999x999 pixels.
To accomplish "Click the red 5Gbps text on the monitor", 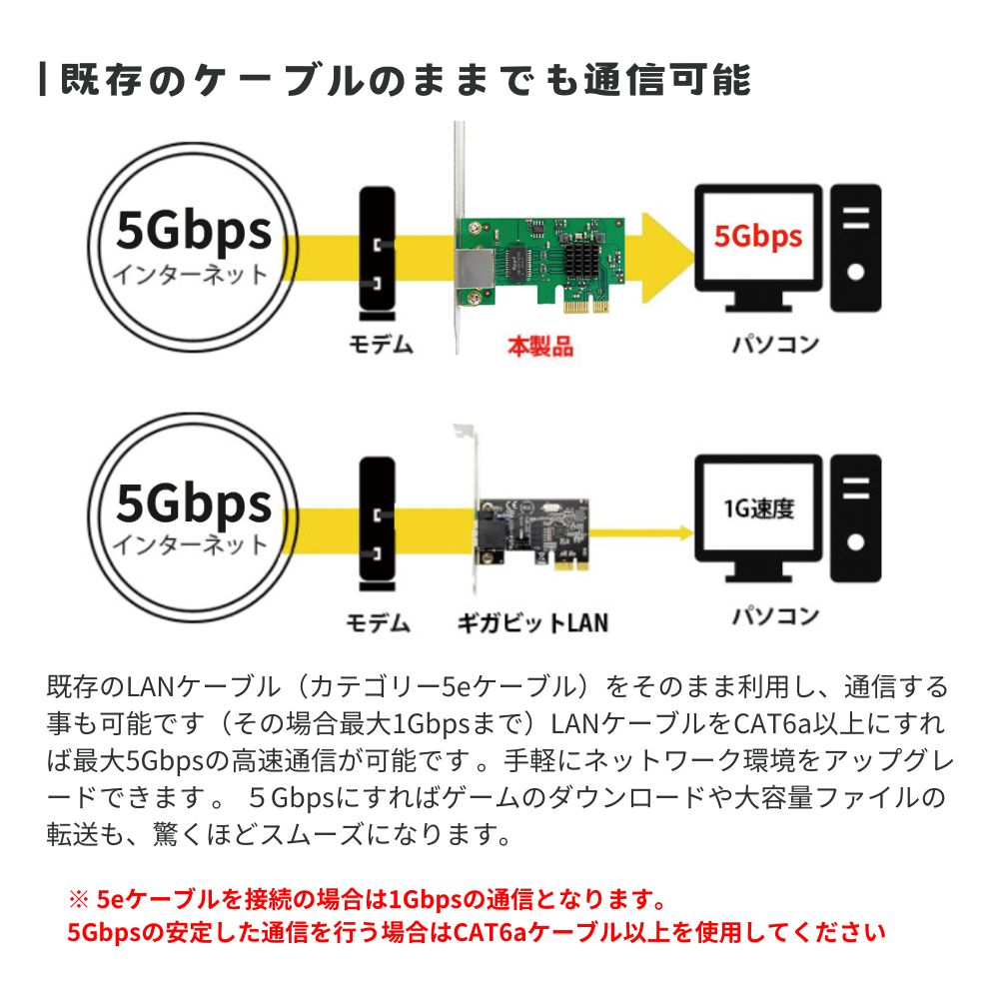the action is (757, 237).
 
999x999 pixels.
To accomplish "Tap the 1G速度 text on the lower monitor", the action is (758, 508).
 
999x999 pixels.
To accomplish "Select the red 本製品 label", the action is (540, 346).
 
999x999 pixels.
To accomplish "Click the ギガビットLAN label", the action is (532, 622).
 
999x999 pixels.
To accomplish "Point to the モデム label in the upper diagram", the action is (381, 344).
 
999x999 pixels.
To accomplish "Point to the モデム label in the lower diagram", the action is (378, 622).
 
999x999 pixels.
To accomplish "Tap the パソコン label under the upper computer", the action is (775, 344).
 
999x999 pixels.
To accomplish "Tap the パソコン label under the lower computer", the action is (775, 616).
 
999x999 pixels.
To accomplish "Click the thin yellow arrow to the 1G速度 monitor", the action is (641, 533).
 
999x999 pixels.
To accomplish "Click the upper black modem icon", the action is (378, 254).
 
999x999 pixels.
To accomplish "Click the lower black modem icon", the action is (378, 523).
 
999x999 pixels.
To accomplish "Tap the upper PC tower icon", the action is (856, 248).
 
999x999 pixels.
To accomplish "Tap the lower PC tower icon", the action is (856, 517).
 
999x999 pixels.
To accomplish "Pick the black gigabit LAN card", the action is (532, 533).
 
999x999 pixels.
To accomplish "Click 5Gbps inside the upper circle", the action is (194, 231).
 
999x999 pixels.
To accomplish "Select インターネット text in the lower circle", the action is (190, 544).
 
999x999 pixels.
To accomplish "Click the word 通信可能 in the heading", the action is (667, 80).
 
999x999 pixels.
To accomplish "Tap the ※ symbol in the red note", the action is (78, 900).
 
